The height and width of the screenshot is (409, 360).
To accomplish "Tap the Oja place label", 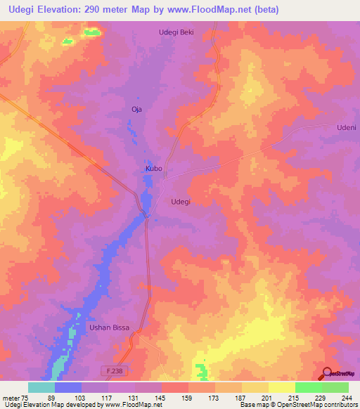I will (137, 109).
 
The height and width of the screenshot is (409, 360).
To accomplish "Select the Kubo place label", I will (154, 169).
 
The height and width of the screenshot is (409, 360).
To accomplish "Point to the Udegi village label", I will (181, 202).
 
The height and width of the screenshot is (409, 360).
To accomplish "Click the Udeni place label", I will (347, 127).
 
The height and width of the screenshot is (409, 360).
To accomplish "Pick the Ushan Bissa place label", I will (108, 328).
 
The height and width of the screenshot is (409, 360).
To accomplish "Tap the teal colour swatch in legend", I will (41, 387).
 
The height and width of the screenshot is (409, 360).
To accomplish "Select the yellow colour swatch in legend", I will (282, 387).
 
